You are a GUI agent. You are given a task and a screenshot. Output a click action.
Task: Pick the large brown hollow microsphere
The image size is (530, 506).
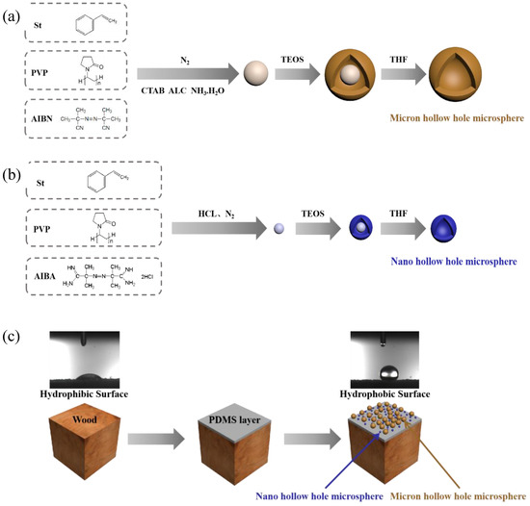click(442, 74)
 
